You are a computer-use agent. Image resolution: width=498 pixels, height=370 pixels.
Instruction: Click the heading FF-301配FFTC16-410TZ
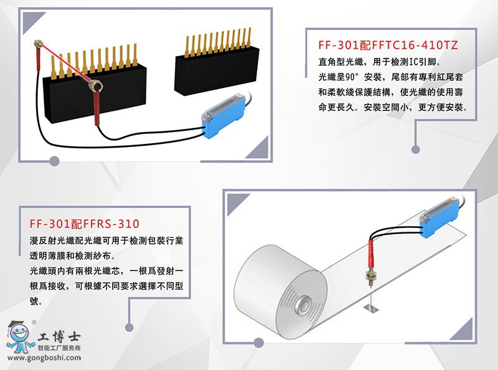[x=387, y=45]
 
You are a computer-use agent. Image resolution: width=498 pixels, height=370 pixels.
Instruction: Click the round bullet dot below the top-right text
[x=415, y=149]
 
